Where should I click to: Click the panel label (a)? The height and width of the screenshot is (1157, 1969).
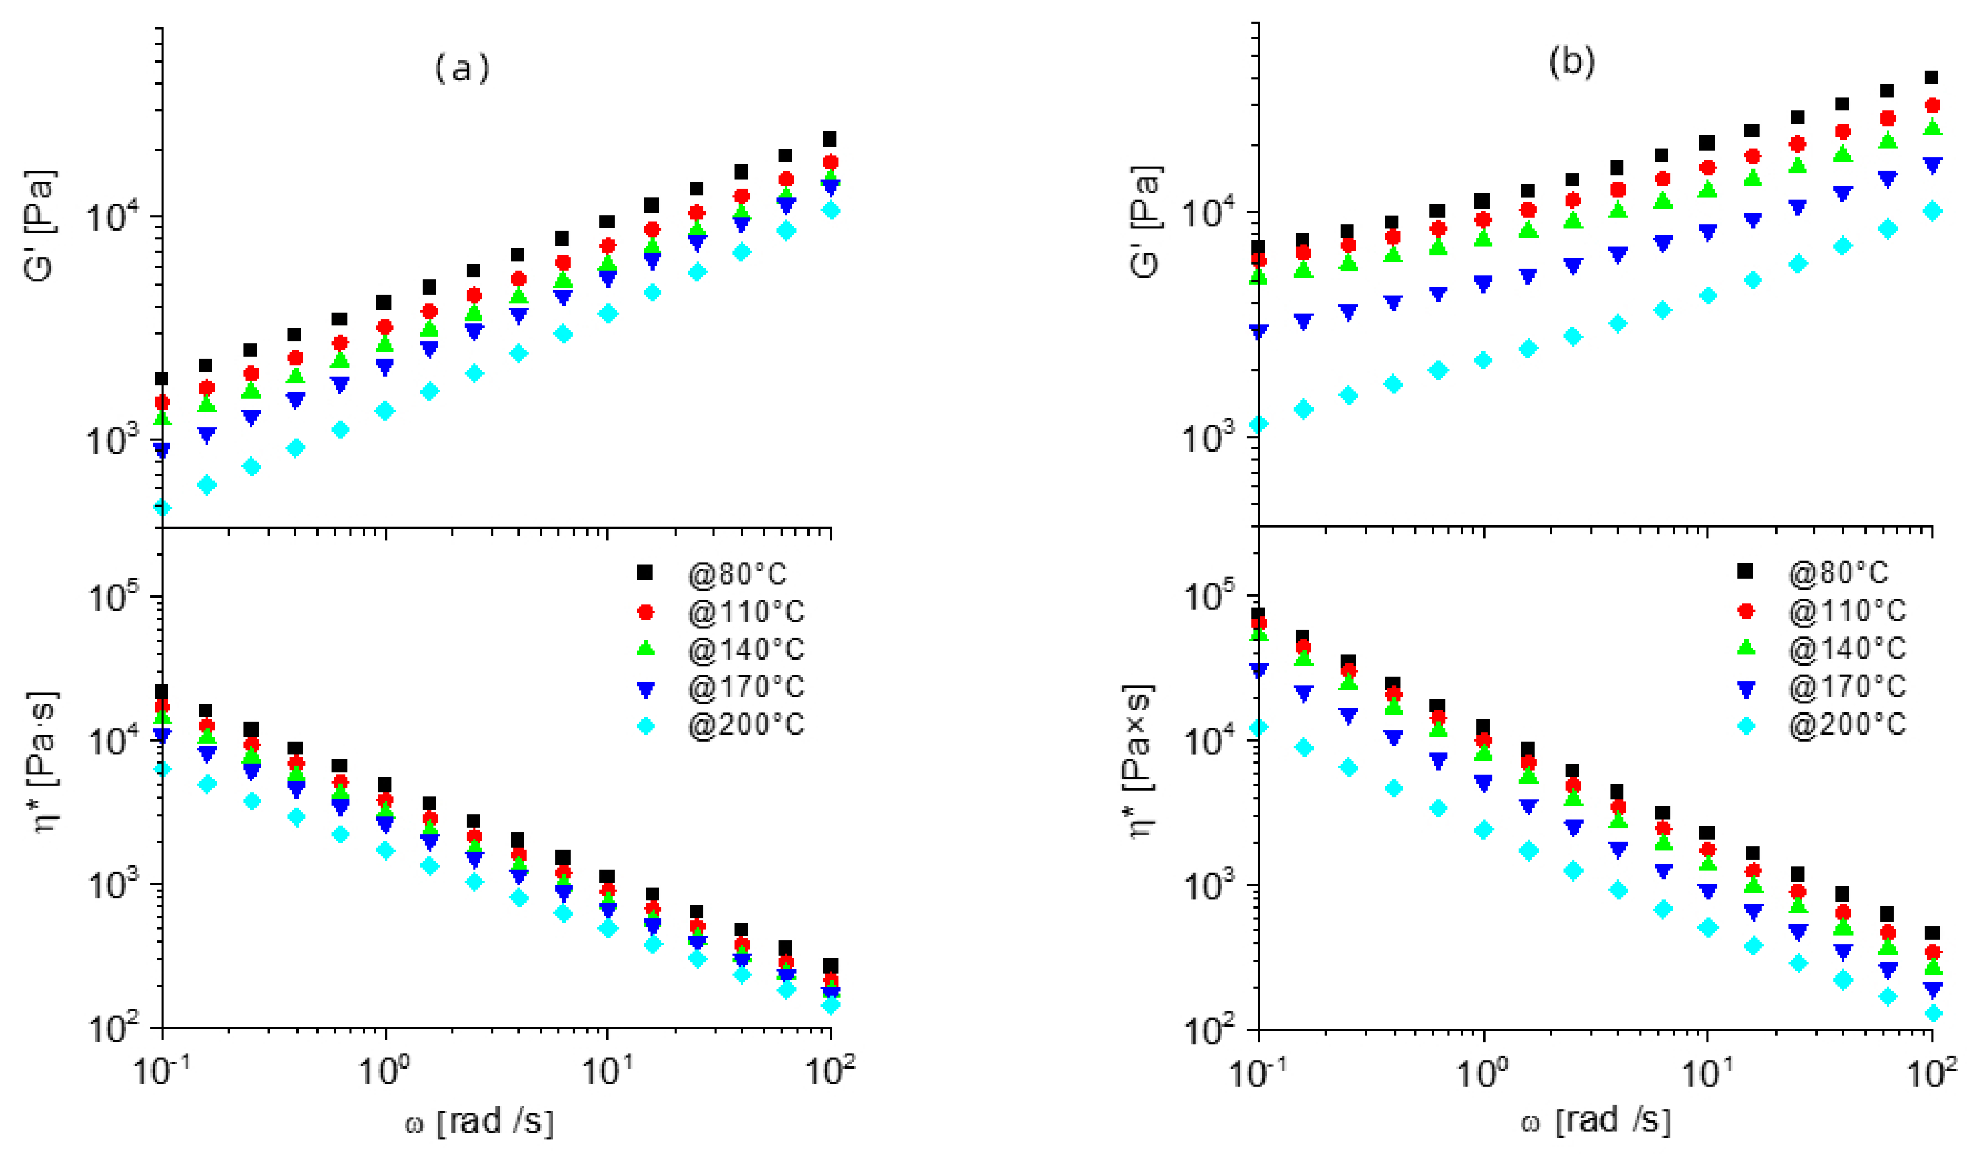point(462,70)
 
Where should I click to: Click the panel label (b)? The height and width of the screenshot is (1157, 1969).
point(1571,63)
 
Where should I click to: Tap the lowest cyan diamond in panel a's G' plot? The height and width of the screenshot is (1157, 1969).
point(163,508)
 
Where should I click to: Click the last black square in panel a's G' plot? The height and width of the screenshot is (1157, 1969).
point(830,139)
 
